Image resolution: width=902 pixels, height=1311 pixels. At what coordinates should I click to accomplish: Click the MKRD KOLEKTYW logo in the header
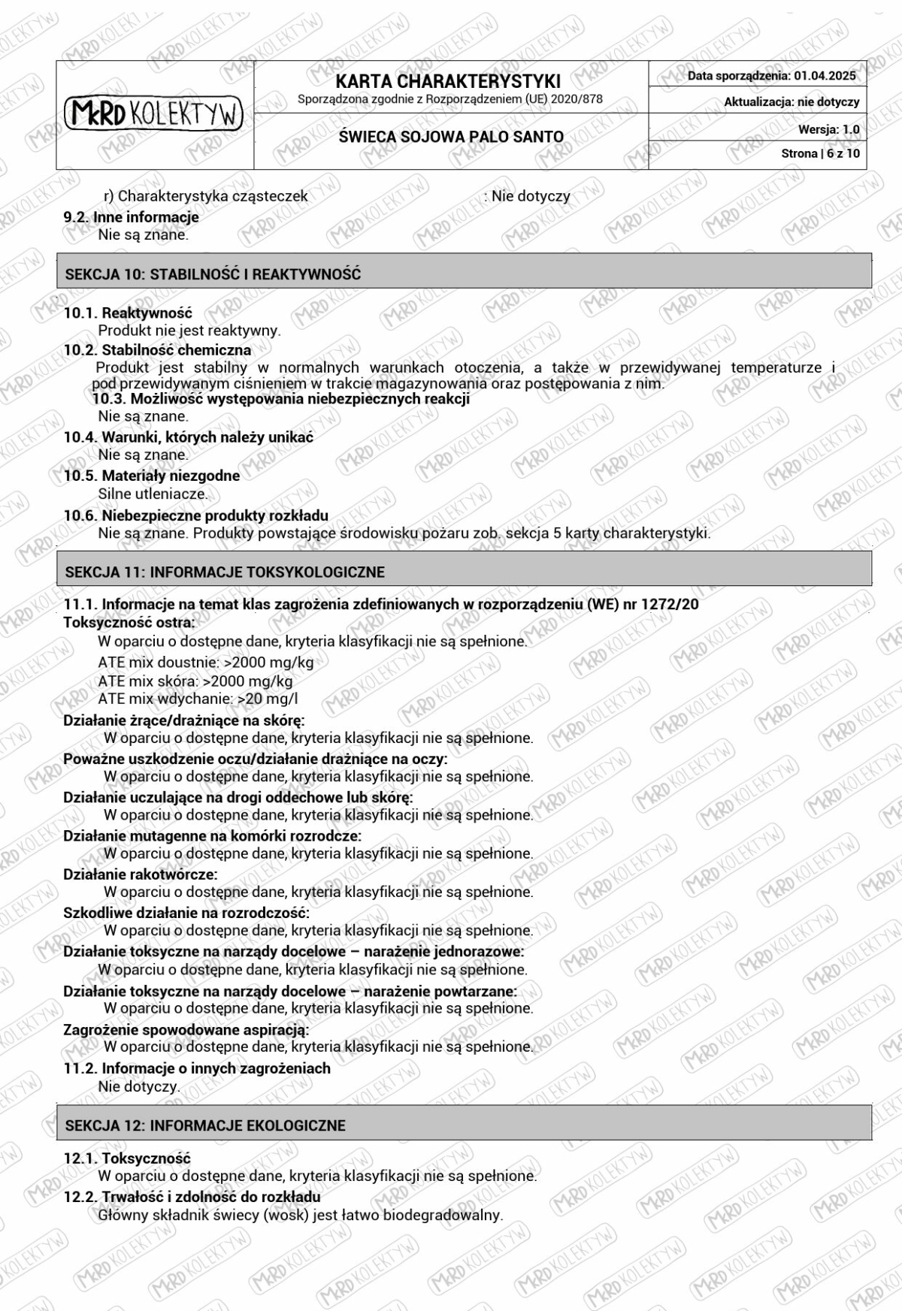(154, 114)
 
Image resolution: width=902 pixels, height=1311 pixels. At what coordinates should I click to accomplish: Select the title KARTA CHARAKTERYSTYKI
(448, 81)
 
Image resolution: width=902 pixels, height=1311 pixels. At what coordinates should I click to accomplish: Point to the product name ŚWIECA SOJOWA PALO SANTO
(451, 137)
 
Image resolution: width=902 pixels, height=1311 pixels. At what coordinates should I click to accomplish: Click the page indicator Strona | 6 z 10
(820, 153)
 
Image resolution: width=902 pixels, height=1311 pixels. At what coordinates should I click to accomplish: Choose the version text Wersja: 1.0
(828, 129)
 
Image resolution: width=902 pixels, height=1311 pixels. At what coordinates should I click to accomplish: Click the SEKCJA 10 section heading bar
(464, 273)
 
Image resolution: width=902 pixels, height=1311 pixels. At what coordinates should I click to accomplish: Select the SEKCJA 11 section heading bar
(464, 572)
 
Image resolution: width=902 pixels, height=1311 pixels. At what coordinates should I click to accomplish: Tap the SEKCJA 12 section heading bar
(464, 1125)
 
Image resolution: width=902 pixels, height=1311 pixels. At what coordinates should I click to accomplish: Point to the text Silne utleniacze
(153, 494)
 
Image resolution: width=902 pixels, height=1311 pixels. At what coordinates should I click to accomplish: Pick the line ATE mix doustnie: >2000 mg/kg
(205, 663)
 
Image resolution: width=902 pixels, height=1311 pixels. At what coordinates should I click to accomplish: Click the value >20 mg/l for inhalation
(268, 699)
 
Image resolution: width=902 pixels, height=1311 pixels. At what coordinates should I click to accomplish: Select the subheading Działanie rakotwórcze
(140, 875)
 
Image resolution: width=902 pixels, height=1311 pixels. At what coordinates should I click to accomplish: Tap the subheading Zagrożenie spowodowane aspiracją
(186, 1029)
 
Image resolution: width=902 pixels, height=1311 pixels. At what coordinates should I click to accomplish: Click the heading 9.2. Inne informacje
(131, 217)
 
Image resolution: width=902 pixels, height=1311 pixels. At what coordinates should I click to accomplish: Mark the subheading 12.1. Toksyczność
(126, 1158)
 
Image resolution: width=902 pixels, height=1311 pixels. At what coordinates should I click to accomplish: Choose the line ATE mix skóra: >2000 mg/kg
(195, 681)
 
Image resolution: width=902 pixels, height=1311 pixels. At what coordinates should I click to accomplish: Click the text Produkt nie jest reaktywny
(189, 330)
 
